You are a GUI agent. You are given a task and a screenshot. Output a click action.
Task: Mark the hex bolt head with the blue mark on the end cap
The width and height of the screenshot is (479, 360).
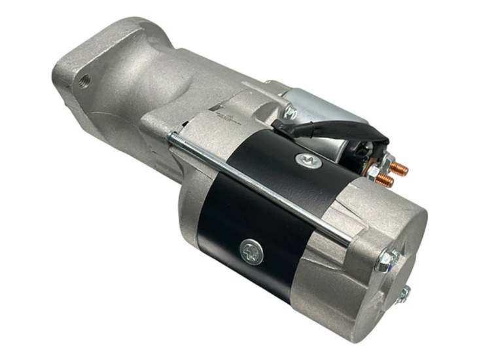[x=387, y=261]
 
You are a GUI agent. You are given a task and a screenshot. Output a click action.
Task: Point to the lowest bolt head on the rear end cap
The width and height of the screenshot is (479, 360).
[x=404, y=294]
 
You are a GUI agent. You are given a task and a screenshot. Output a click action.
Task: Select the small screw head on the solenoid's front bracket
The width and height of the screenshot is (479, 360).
[x=291, y=114]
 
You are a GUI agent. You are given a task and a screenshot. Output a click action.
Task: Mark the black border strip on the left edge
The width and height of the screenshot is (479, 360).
[x=15, y=180]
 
